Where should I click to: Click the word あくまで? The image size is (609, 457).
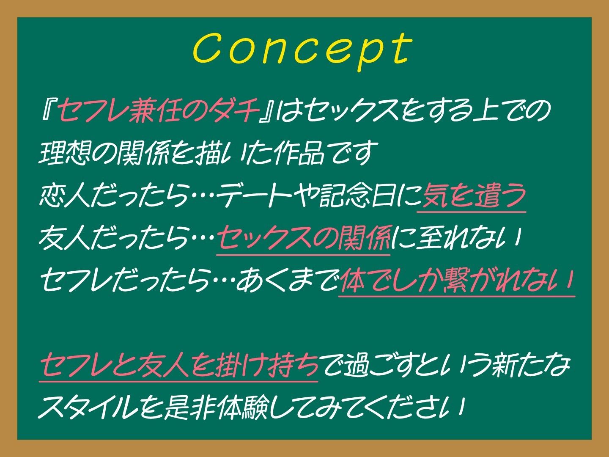point(287,280)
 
